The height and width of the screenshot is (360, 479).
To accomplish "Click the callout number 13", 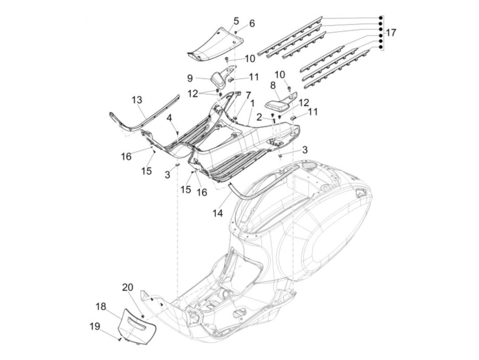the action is point(137,100).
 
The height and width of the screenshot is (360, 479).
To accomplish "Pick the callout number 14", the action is point(218,213).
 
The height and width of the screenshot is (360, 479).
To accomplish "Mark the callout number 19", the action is point(95,326).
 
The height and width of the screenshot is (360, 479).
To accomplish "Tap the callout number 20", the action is point(128,287).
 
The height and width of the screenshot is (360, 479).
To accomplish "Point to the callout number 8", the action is point(273,86).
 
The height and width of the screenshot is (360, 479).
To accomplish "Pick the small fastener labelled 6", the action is point(236,32).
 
